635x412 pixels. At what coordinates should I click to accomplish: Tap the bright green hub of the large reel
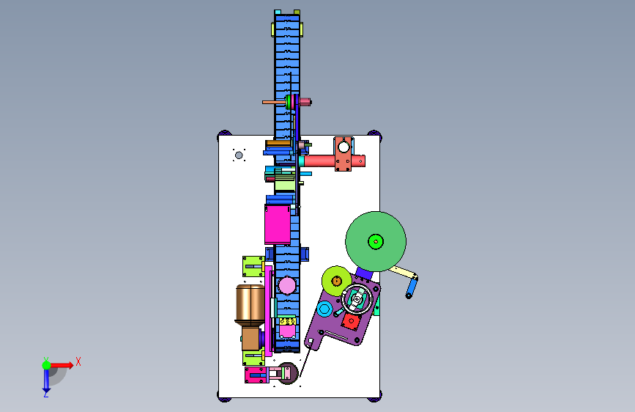(376, 242)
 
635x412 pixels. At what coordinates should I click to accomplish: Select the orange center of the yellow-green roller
(336, 281)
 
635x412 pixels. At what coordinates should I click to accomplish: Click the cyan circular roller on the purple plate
(324, 309)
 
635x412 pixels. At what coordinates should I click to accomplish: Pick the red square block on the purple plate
(351, 322)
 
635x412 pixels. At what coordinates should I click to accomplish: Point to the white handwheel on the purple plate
(357, 299)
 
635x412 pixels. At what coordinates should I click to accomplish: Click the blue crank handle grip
(412, 288)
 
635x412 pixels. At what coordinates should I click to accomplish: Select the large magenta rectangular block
(278, 224)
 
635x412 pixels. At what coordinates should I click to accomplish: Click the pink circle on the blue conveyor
(286, 285)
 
